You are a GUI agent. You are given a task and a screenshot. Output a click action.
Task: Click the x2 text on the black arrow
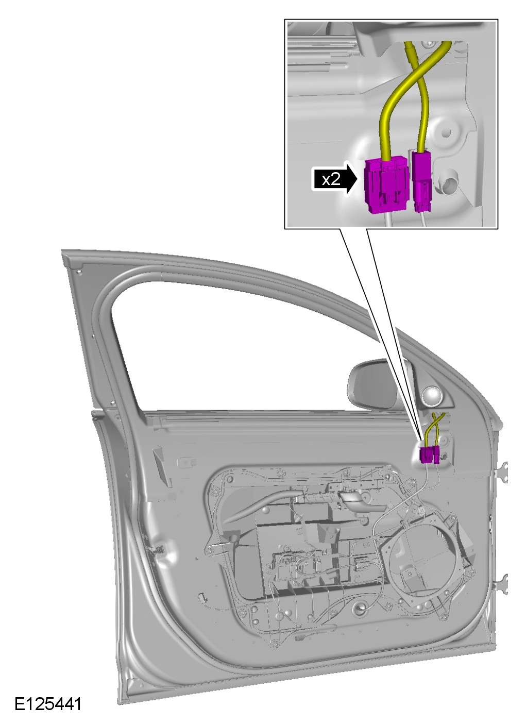click(x=331, y=178)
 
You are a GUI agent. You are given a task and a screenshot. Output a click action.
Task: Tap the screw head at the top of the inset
click(x=429, y=43)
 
